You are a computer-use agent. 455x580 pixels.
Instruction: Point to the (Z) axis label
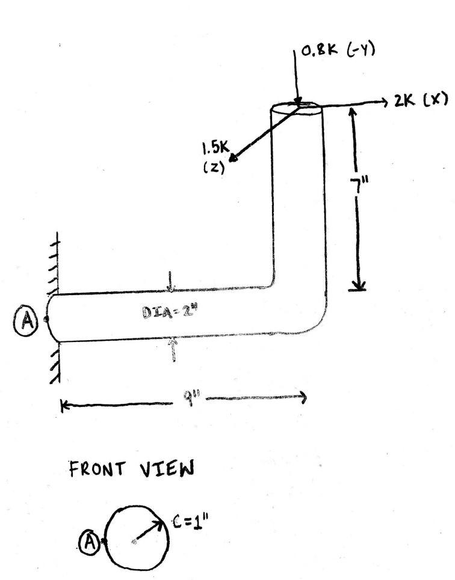click(x=214, y=168)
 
